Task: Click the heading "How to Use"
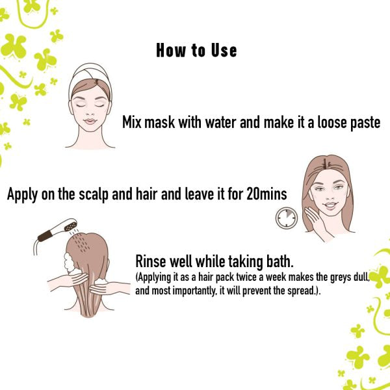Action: point(196,51)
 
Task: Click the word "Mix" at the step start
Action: point(132,122)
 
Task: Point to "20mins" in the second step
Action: point(266,194)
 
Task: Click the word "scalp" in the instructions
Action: point(94,195)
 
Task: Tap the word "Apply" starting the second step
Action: point(22,195)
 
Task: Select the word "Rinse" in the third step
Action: point(151,261)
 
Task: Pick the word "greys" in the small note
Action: point(341,278)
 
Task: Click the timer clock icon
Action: point(287,218)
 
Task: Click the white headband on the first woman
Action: point(90,75)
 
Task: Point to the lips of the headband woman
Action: point(90,122)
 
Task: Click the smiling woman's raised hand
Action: point(316,222)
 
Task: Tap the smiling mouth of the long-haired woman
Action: point(330,205)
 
